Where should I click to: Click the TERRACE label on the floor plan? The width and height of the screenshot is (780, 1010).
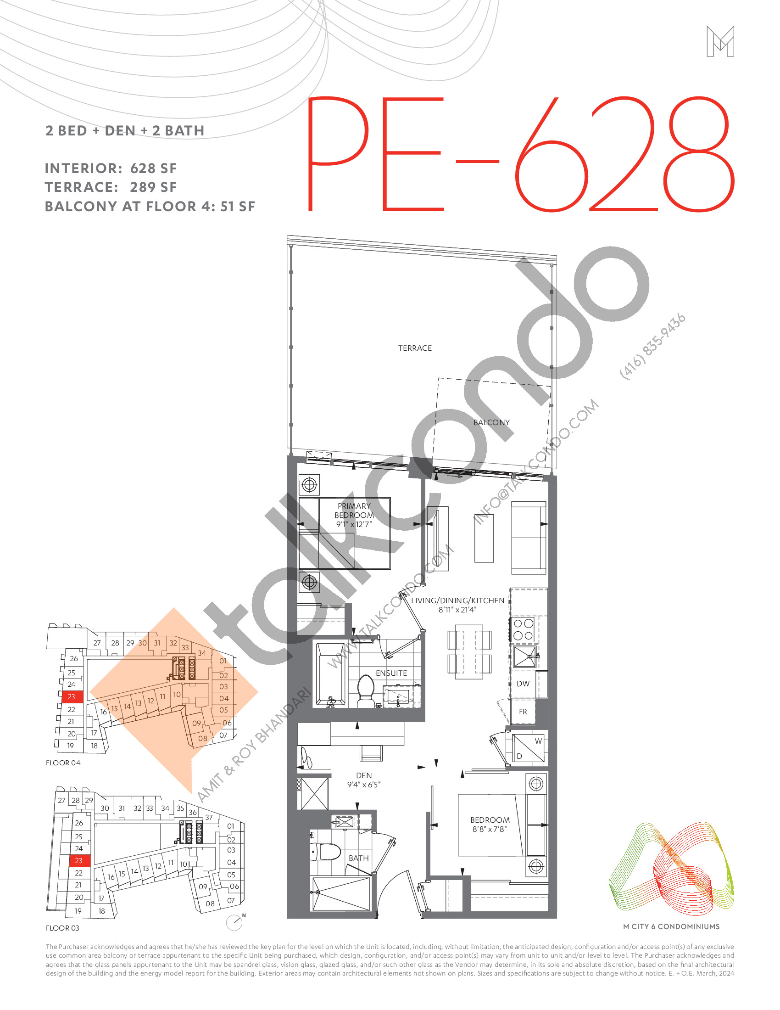(414, 348)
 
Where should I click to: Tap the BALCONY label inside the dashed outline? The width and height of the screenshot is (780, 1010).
(491, 423)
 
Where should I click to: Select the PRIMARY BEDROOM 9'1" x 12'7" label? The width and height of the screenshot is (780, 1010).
(354, 515)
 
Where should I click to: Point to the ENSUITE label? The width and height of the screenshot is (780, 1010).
(391, 673)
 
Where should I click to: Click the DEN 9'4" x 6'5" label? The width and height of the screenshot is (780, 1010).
(364, 780)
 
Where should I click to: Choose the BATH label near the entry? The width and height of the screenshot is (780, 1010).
(359, 858)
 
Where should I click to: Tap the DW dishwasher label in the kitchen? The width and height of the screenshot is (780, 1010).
(523, 684)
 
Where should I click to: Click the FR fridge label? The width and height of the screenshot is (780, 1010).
(523, 712)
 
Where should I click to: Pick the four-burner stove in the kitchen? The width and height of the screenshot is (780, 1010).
(523, 629)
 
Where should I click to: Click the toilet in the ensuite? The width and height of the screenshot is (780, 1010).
(366, 690)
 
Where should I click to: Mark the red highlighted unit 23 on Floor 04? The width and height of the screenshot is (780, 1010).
(72, 696)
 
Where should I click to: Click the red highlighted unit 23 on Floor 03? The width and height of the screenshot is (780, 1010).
(79, 861)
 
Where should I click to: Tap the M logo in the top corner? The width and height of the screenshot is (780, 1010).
(720, 42)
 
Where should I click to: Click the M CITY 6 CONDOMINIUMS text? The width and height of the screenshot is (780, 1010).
(671, 926)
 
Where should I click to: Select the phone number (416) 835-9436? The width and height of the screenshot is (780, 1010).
(652, 346)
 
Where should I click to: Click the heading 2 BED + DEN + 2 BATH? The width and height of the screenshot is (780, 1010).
(125, 131)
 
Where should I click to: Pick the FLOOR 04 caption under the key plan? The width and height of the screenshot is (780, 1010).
(63, 763)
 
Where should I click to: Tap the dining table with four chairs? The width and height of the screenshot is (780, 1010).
(469, 651)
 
